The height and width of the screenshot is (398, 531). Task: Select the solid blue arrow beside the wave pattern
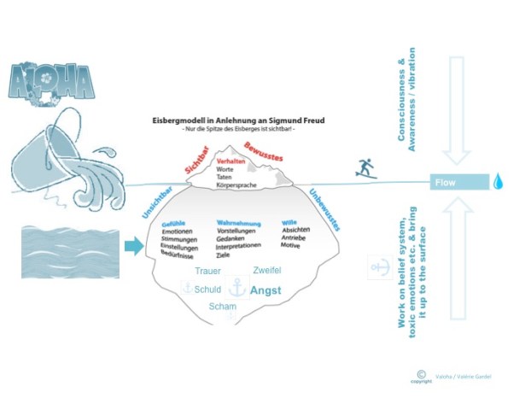pos(134,247)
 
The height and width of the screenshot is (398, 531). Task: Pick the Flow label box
pos(460,182)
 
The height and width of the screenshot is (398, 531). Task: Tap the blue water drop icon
pos(498,182)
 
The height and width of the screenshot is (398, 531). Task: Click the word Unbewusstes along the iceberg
pos(324,208)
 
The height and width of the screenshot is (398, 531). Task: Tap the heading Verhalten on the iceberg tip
pos(231,161)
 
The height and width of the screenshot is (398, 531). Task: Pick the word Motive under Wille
pos(291,246)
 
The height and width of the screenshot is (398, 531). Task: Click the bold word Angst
pos(265,290)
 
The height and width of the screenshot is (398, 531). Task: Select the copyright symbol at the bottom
pos(421,373)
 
